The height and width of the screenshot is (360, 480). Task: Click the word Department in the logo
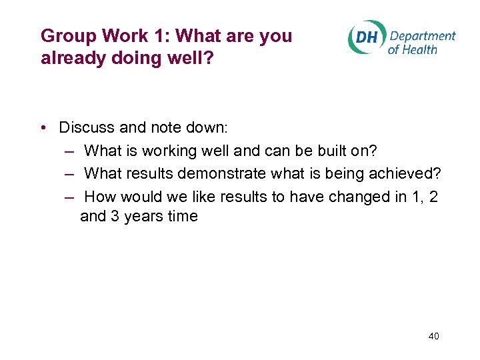click(x=422, y=36)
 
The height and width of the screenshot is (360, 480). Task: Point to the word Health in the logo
click(x=420, y=49)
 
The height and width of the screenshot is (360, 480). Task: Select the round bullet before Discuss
click(x=43, y=127)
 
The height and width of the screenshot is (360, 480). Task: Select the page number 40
click(x=433, y=337)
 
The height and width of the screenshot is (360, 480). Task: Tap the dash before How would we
click(x=69, y=197)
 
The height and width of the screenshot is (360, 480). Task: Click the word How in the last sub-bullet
click(x=100, y=197)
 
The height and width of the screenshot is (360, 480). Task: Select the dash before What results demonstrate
click(x=69, y=174)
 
